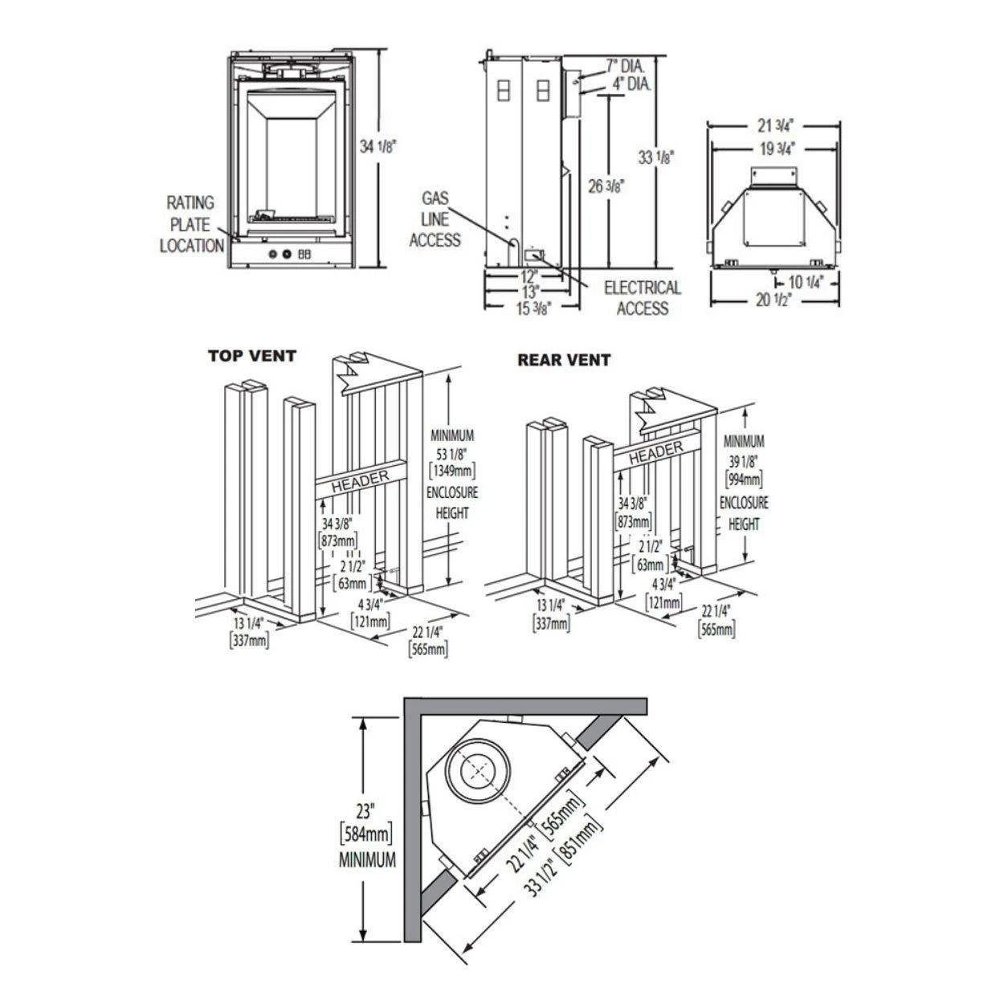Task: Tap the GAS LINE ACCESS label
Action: point(435,218)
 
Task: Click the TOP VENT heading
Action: point(252,355)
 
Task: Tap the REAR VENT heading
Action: point(563,360)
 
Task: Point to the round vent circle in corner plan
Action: point(480,769)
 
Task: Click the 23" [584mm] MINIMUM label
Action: point(367,831)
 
